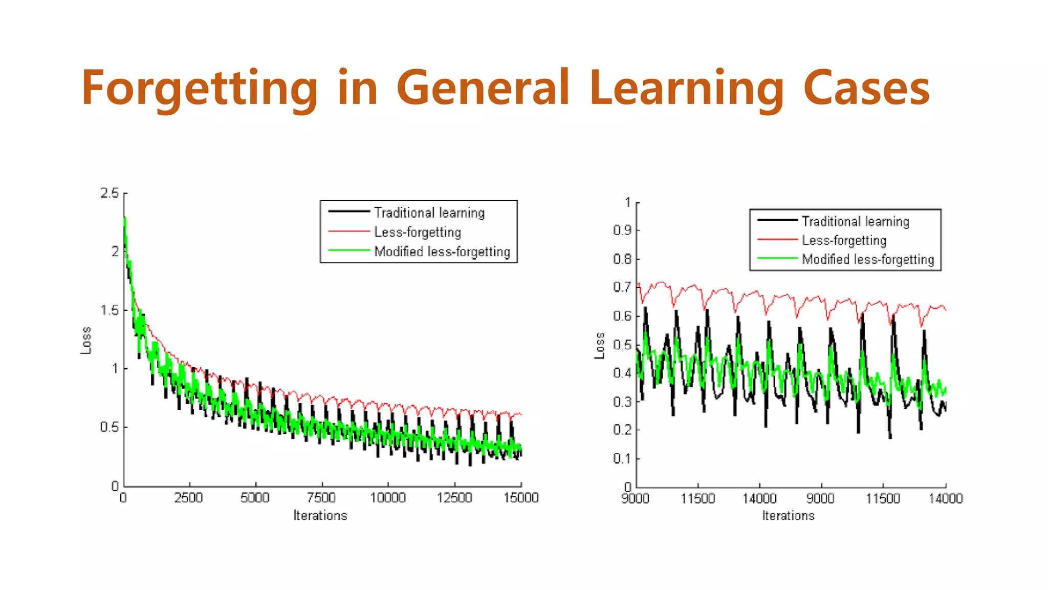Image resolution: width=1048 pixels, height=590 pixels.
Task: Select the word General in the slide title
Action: pos(483,88)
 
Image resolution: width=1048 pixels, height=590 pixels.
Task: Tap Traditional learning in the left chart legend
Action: pos(429,213)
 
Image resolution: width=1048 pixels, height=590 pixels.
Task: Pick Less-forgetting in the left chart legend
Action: pos(417,232)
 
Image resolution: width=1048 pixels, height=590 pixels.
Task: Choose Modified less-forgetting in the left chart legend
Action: pos(442,251)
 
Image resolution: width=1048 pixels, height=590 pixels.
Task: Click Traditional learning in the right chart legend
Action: pos(855,221)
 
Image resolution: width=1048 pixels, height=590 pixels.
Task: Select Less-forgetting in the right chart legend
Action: pos(844,240)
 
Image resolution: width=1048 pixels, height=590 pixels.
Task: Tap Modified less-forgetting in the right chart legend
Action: pos(868,259)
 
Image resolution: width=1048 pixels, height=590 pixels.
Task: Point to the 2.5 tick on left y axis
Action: pos(110,194)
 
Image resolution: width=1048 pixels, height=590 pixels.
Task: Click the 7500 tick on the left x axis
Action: pos(321,497)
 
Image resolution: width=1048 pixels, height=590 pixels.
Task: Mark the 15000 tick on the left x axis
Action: pos(521,497)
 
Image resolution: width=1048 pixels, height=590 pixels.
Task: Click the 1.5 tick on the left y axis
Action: pos(110,310)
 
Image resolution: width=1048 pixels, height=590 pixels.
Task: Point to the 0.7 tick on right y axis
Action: pos(622,287)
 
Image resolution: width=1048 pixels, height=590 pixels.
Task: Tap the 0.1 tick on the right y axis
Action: pos(622,458)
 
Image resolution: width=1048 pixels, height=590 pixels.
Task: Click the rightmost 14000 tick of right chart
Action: pos(945,498)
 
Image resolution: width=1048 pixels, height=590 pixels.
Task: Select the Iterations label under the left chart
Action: pos(320,516)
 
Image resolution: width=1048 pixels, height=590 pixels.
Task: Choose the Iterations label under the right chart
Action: pos(788,516)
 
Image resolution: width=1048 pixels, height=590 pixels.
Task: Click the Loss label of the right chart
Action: pos(599,346)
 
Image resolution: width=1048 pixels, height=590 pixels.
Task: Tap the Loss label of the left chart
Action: pos(86,340)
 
